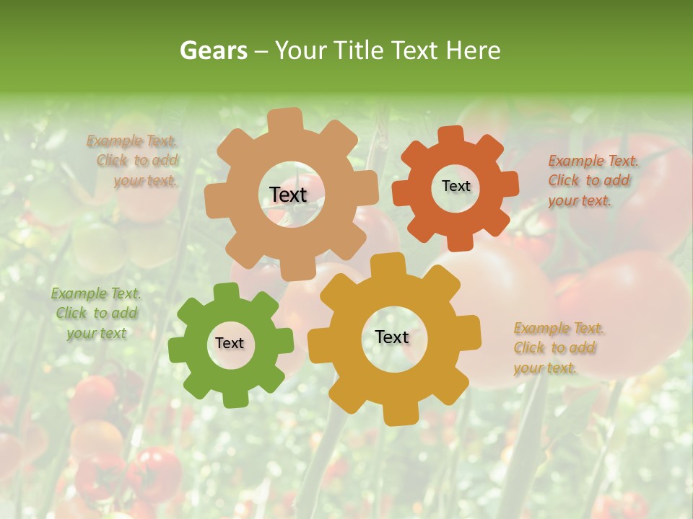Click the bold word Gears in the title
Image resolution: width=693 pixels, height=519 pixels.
click(213, 50)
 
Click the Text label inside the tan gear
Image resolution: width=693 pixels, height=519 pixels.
click(288, 195)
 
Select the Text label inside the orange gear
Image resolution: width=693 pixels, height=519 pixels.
click(456, 186)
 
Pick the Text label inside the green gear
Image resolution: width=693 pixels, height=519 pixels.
click(230, 344)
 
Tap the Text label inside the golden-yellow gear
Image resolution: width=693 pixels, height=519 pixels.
click(392, 337)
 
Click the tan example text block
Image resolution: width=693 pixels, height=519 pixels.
click(133, 161)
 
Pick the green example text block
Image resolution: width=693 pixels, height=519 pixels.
click(96, 314)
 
